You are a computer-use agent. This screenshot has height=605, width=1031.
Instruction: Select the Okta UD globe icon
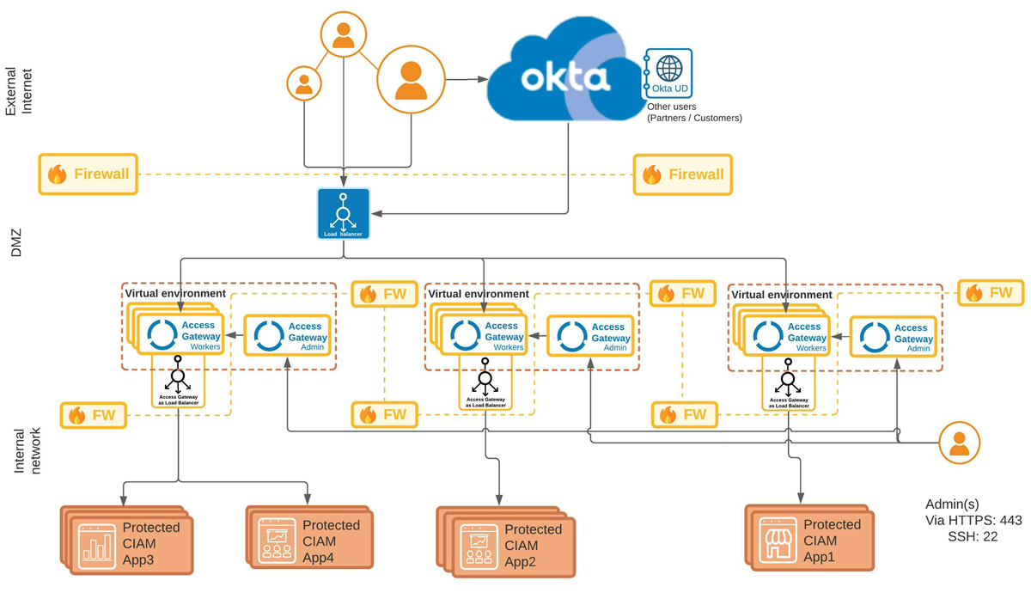tap(668, 68)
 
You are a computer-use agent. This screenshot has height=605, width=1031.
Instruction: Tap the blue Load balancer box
tap(343, 214)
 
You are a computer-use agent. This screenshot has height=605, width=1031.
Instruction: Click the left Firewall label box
tap(88, 174)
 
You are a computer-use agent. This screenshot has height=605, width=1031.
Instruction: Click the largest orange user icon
tap(412, 80)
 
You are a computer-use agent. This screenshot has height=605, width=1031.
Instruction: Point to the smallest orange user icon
tap(303, 82)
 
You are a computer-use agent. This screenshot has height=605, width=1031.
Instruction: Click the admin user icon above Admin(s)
tap(959, 443)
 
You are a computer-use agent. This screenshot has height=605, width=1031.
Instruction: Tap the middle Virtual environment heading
tap(479, 294)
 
